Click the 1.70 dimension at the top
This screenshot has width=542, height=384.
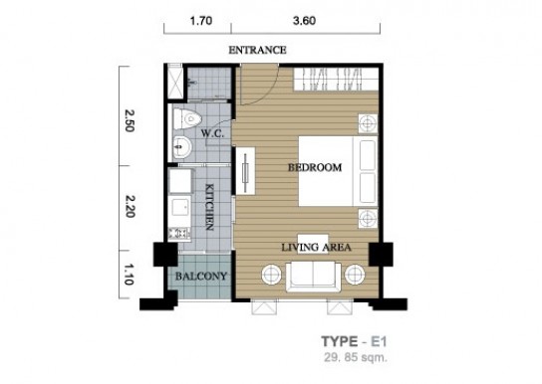coord(201,21)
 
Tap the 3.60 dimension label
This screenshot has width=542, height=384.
coord(304,21)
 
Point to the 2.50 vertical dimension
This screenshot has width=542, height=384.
coord(130,120)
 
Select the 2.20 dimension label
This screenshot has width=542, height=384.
coord(130,206)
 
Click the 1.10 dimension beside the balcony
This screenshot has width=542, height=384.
coord(128,275)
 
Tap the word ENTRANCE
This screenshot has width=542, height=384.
coord(257,50)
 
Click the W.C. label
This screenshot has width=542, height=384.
coord(212,133)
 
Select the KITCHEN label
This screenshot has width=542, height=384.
coord(209,207)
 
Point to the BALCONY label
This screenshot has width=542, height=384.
coord(201,277)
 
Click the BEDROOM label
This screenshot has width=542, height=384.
coord(315,168)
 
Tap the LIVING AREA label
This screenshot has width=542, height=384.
coord(316,248)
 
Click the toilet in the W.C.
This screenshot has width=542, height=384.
coord(187,118)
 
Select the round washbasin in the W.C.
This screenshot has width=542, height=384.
coord(181,147)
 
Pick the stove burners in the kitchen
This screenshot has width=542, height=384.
coord(179,234)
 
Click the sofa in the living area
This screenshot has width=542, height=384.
coord(313,277)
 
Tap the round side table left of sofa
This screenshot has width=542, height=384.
coord(272,275)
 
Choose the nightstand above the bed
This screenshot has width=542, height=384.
coord(368,123)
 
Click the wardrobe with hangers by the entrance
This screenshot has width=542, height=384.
coord(336,79)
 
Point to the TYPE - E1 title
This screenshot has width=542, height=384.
coord(354,341)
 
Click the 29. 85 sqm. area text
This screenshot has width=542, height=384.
coord(356,357)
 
